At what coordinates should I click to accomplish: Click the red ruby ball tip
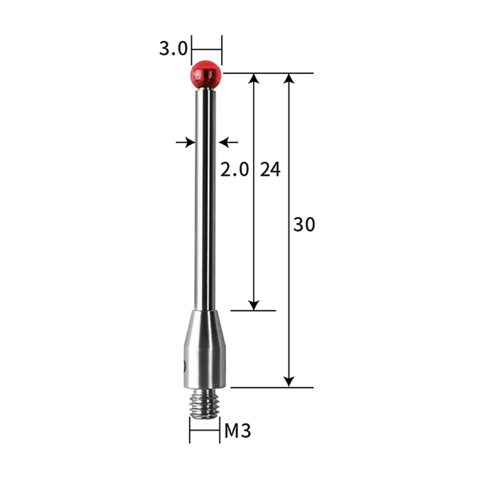[x=205, y=75]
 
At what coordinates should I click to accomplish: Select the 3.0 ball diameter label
[x=172, y=49]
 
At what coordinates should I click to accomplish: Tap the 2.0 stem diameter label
[x=235, y=169]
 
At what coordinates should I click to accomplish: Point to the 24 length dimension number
[x=270, y=169]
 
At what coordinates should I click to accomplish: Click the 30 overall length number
[x=304, y=225]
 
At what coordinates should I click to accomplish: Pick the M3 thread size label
[x=237, y=430]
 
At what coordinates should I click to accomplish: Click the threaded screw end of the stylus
[x=204, y=406]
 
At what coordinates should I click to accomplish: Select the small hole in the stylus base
[x=184, y=366]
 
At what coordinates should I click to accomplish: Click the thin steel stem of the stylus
[x=205, y=200]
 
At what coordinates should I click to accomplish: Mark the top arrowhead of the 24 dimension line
[x=254, y=79]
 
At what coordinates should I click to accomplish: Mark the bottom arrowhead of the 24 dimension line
[x=254, y=305]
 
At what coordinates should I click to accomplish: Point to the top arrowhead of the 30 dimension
[x=289, y=79]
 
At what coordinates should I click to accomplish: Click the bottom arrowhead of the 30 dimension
[x=289, y=382]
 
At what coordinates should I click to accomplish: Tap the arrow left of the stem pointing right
[x=185, y=142]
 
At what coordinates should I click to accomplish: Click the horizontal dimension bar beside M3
[x=204, y=431]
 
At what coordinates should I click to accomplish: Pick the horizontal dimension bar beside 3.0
[x=206, y=49]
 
